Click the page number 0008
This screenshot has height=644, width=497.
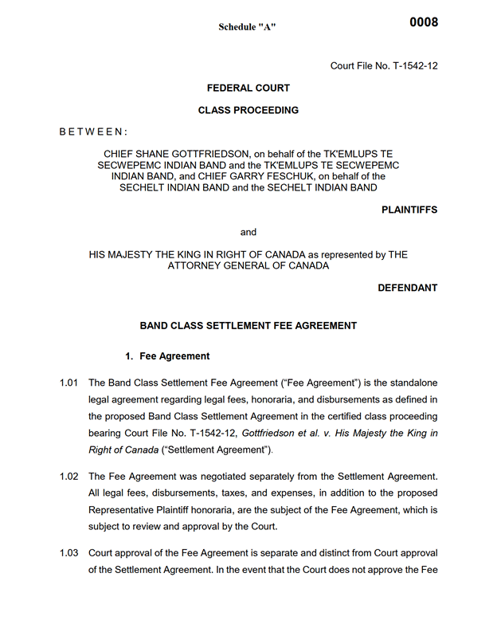tap(424, 22)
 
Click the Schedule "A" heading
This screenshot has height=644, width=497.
tap(248, 27)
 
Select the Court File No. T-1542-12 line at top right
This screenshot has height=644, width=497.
tap(384, 65)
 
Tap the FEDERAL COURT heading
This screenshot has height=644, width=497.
tap(248, 88)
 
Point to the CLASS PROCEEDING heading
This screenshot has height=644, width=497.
tap(248, 110)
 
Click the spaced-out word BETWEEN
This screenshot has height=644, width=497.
tap(93, 130)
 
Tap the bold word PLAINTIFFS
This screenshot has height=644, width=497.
tap(409, 210)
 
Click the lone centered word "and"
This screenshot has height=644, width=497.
tap(248, 232)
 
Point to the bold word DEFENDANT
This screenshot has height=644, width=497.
tap(407, 288)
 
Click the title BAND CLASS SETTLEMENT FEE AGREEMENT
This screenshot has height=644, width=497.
tap(248, 325)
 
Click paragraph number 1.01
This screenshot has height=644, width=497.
tap(68, 383)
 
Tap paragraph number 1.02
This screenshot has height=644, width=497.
tap(68, 477)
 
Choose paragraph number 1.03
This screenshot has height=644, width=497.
tap(68, 553)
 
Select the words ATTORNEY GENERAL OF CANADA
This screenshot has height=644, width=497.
tap(248, 266)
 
